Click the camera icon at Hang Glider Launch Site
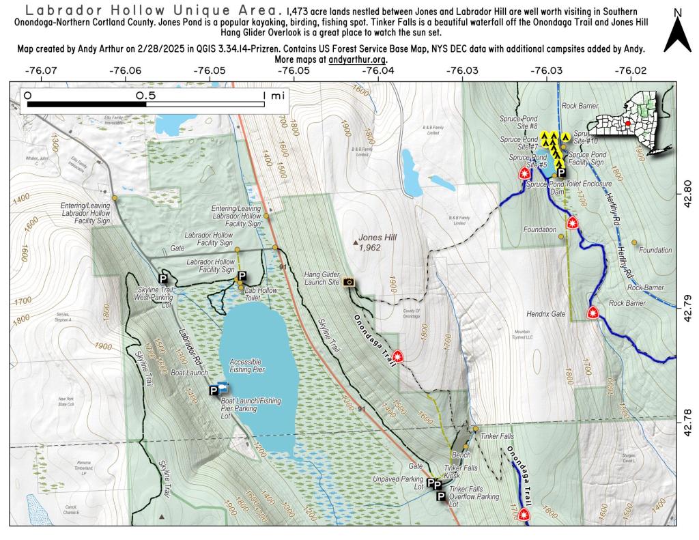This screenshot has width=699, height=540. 349,281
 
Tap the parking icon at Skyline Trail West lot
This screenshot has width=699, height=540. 163,279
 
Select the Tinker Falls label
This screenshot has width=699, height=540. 496,436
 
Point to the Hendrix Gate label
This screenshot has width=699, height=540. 546,314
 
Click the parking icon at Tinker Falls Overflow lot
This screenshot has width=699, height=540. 441,496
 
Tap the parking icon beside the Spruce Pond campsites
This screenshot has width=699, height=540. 560,154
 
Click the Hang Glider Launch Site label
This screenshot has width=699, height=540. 321,277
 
